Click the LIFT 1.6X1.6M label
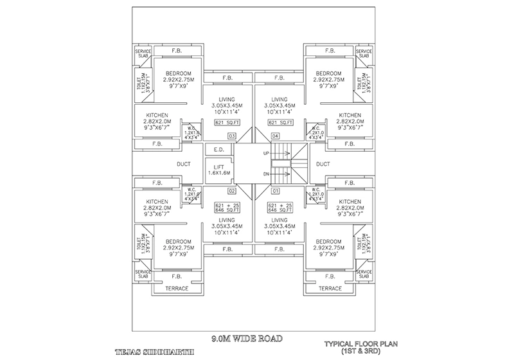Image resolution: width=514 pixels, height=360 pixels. click(218, 168)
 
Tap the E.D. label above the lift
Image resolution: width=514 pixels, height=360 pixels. click(218, 150)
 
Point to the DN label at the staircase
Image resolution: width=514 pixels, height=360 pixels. click(266, 174)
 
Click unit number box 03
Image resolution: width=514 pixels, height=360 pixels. click(232, 135)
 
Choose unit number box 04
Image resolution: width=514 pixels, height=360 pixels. click(276, 135)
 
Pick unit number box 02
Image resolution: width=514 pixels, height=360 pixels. click(232, 191)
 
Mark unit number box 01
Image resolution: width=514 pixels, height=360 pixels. click(276, 191)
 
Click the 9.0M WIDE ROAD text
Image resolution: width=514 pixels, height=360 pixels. click(247, 336)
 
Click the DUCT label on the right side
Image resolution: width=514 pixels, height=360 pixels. click(323, 164)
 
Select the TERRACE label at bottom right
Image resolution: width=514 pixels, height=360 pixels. click(330, 289)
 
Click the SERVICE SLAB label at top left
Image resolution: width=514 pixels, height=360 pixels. click(142, 53)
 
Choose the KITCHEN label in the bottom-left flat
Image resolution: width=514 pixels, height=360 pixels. click(157, 201)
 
